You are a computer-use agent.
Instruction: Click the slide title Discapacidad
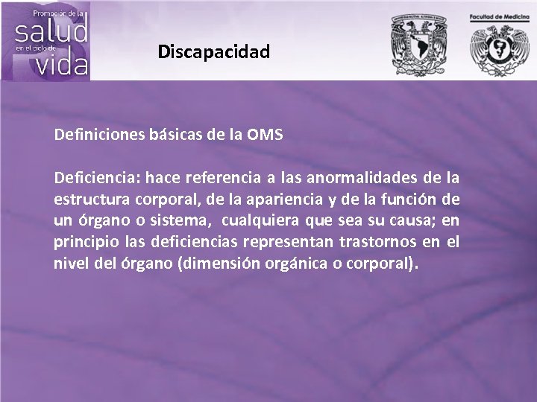click(x=214, y=52)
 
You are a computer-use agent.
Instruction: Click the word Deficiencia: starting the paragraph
click(x=97, y=179)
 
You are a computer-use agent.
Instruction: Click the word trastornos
click(x=372, y=243)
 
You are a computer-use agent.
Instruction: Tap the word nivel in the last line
click(x=69, y=264)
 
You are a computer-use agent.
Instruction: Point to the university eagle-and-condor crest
click(x=415, y=43)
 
